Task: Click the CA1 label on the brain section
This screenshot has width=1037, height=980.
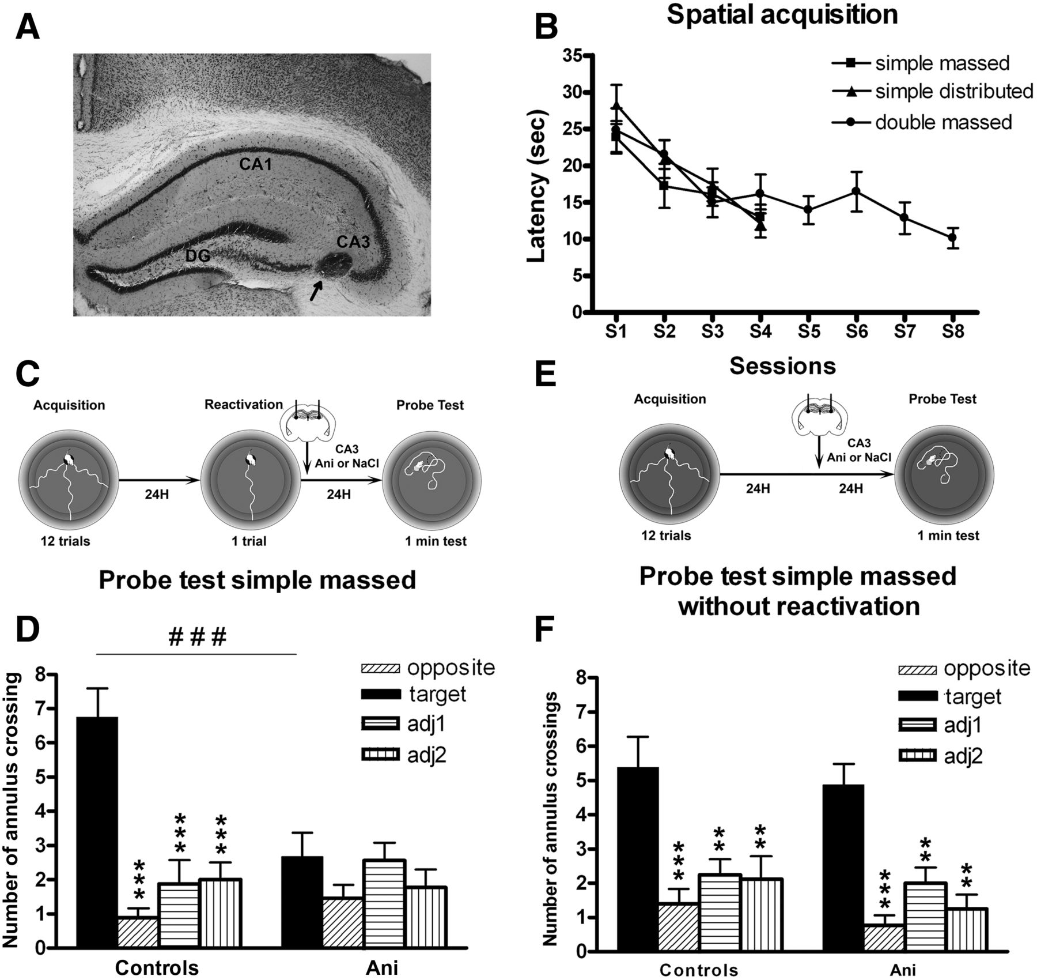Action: point(255,165)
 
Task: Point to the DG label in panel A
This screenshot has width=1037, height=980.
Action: point(198,255)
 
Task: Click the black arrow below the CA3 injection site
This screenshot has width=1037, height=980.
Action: point(314,290)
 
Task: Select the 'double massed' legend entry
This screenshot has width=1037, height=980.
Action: point(943,122)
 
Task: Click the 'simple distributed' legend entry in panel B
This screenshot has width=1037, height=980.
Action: point(953,91)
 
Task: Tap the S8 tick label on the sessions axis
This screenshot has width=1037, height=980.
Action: point(953,332)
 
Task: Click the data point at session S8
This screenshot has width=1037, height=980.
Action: point(952,238)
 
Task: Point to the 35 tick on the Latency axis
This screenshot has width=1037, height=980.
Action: point(573,56)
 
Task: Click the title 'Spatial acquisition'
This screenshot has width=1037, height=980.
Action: point(782,15)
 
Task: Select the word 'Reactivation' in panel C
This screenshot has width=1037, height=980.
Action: point(244,405)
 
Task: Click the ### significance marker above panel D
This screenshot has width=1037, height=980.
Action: point(197,637)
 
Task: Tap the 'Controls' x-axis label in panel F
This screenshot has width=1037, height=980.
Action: point(698,970)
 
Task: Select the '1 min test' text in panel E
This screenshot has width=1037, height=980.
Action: point(948,536)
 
